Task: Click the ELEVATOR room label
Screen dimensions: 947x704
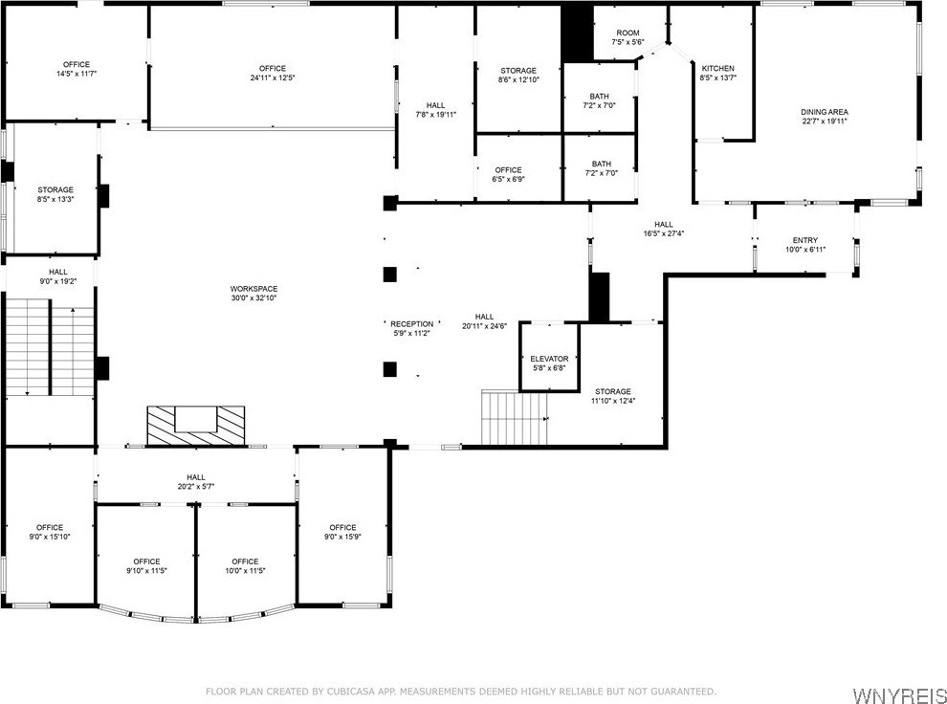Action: pos(549,359)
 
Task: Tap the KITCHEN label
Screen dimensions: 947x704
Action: pos(718,68)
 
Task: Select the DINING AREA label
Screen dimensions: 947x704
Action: pos(825,112)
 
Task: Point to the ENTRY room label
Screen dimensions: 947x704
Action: pos(805,240)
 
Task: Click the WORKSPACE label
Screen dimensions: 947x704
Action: pos(253,289)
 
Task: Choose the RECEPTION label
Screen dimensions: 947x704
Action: pos(411,324)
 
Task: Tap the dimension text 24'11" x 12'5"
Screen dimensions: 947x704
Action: pos(273,77)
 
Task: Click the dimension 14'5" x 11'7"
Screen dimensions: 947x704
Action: pos(77,74)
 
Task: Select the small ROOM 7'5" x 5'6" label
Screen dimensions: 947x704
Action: pos(628,37)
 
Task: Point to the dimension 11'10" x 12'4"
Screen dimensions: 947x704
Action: pos(612,401)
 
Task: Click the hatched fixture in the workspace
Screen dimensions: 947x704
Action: pos(196,426)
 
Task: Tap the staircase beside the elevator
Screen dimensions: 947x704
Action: pos(514,417)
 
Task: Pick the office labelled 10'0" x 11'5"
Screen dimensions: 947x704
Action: pos(246,556)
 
